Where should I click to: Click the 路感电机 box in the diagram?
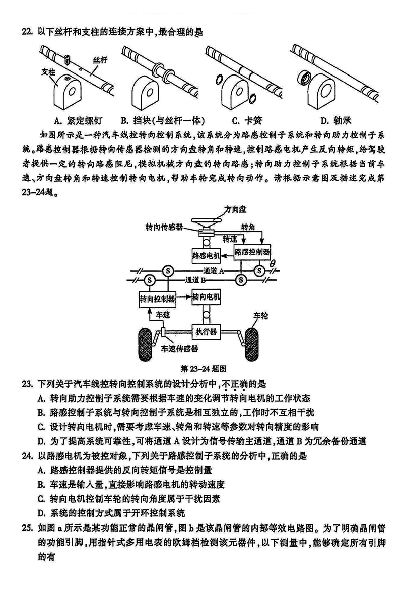pos(206,256)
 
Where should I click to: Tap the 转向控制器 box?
pos(154,299)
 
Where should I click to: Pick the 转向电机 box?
pos(206,297)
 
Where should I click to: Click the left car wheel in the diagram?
pos(146,343)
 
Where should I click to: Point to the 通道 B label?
pos(196,280)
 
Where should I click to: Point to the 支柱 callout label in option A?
pos(48,71)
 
